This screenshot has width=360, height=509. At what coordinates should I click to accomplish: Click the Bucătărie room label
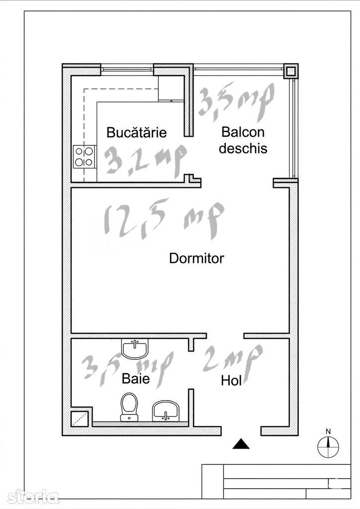(x=136, y=132)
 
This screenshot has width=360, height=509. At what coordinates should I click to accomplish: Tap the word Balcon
(x=243, y=132)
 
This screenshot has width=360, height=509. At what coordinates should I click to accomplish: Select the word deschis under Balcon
(x=243, y=148)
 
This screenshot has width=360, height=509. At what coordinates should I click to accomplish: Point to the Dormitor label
(x=196, y=258)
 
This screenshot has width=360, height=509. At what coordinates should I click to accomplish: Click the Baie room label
(x=136, y=378)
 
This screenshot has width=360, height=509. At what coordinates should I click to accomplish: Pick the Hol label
(x=231, y=380)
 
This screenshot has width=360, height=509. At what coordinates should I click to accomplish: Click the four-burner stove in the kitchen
(x=85, y=157)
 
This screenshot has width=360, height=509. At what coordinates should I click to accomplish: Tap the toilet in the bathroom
(x=129, y=407)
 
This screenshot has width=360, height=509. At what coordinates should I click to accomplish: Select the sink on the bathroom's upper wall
(x=135, y=348)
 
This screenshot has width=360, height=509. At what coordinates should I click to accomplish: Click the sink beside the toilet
(x=166, y=410)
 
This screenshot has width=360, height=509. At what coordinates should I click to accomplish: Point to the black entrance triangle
(x=241, y=444)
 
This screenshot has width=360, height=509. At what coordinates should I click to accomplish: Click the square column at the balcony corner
(x=290, y=71)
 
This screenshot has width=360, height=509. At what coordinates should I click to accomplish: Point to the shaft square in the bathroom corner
(x=80, y=419)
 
